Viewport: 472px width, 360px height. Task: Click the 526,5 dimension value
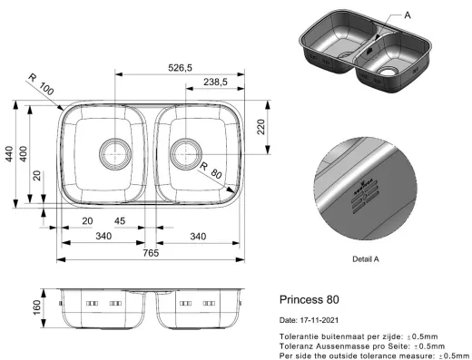coord(180,68)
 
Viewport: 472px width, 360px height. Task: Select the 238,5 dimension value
coord(215,82)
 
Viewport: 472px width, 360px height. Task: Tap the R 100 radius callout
coord(41,84)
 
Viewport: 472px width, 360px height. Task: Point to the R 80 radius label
coord(211,170)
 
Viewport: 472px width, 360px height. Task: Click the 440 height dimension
coord(9,153)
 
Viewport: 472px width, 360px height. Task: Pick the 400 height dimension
coord(24,153)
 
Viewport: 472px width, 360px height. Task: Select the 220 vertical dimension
coord(261,127)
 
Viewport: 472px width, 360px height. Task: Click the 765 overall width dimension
coord(151,253)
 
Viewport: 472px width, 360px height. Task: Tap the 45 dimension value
coord(120,221)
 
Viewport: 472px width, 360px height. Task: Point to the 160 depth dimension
coord(37,307)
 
